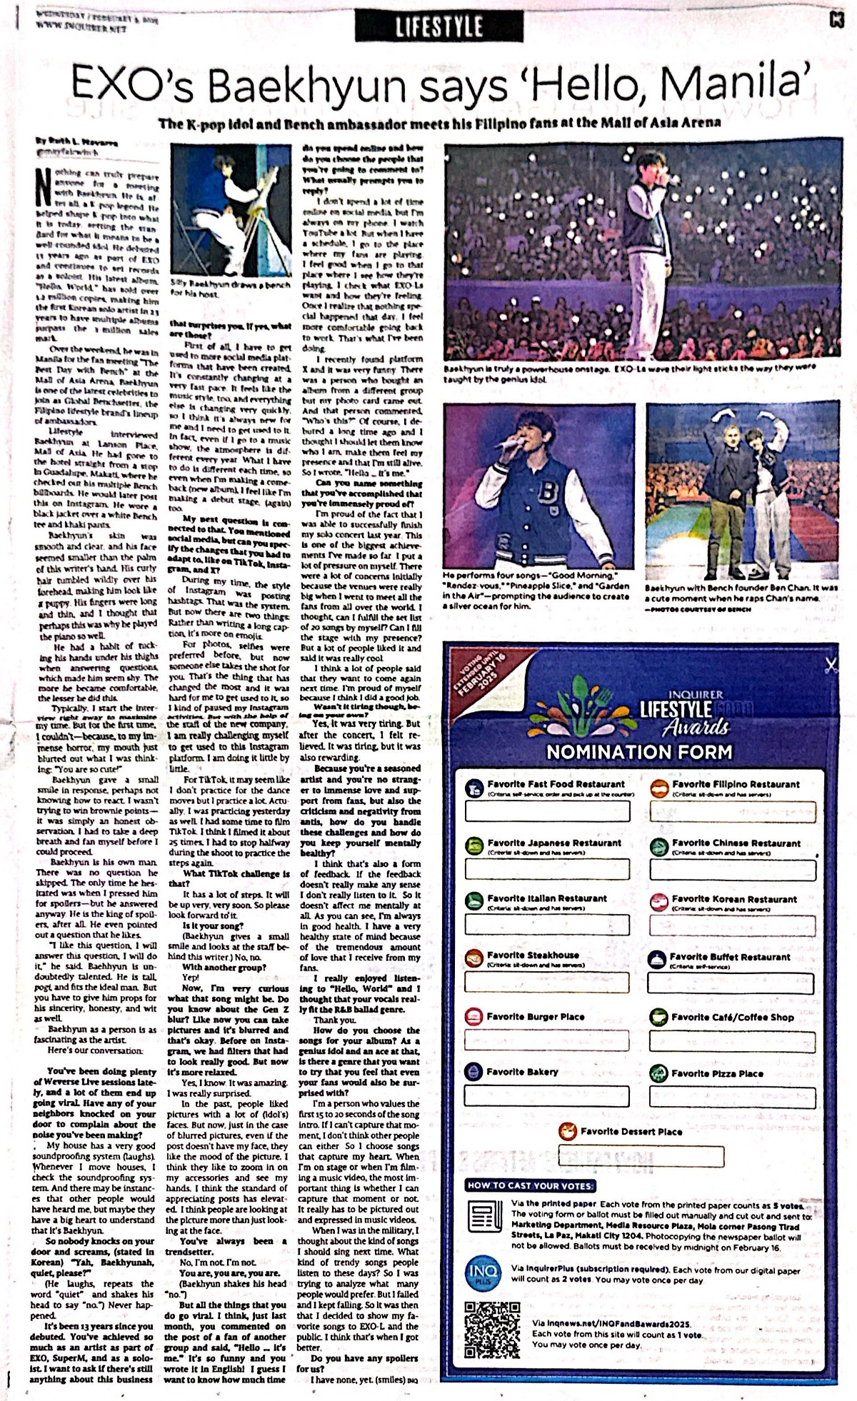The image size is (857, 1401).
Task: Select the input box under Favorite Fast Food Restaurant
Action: pyautogui.click(x=548, y=811)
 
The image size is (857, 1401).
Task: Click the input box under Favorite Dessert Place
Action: pyautogui.click(x=641, y=1156)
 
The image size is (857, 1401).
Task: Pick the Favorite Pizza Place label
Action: pyautogui.click(x=717, y=1073)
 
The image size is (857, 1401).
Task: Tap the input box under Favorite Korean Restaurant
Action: pyautogui.click(x=731, y=925)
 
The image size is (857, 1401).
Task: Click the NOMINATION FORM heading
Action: pyautogui.click(x=639, y=752)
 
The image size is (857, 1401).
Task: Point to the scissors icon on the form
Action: pyautogui.click(x=830, y=666)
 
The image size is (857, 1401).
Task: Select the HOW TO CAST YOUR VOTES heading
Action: pyautogui.click(x=530, y=1185)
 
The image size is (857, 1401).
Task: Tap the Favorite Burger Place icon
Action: pyautogui.click(x=473, y=1017)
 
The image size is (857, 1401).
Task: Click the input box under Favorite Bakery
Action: pyautogui.click(x=547, y=1096)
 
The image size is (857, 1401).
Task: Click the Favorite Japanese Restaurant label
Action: pyautogui.click(x=554, y=843)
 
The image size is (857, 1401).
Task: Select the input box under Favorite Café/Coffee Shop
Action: pyautogui.click(x=731, y=1041)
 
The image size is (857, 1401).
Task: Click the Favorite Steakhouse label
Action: pyautogui.click(x=532, y=955)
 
